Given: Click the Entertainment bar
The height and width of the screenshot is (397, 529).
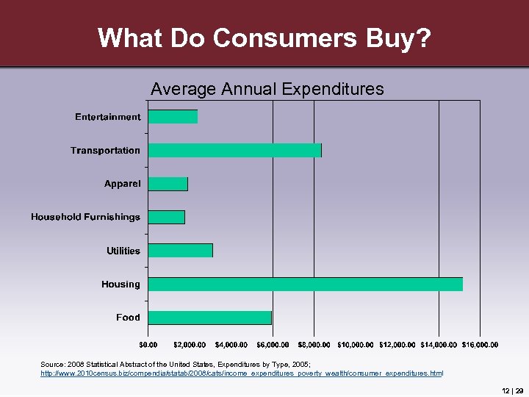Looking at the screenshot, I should coord(173,117).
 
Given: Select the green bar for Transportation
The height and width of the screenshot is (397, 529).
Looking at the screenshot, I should coord(235,150).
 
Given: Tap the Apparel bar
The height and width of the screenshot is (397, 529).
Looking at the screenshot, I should coord(168,184).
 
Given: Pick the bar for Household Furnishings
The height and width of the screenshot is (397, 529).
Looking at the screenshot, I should coord(167,217).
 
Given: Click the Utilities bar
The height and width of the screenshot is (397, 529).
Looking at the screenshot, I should coord(181,250).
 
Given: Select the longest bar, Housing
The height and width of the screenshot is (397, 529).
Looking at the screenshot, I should coord(306,284).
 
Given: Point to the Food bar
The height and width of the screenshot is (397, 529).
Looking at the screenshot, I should coord(210,318).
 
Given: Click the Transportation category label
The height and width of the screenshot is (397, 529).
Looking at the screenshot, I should coord(105,151).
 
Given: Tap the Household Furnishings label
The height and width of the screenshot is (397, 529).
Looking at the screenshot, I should coord(85,217).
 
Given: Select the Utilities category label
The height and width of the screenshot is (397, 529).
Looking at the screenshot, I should coord(123,251).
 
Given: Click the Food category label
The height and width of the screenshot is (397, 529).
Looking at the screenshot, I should coord(128,318).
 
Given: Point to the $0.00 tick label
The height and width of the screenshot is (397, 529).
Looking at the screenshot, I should coord(148,344).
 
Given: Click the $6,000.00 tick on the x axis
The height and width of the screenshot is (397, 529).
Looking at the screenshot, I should coord(273,344).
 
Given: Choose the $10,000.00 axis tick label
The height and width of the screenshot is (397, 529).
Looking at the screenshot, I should coord(356,344).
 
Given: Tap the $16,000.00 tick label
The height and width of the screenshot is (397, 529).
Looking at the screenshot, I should coord(480,344).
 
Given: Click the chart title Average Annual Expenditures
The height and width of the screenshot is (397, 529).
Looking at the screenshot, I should coord(267,90).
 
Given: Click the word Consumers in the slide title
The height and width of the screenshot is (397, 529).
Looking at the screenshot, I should coord(264,37).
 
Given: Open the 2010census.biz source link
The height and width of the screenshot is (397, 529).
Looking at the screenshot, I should coord(242,373).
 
